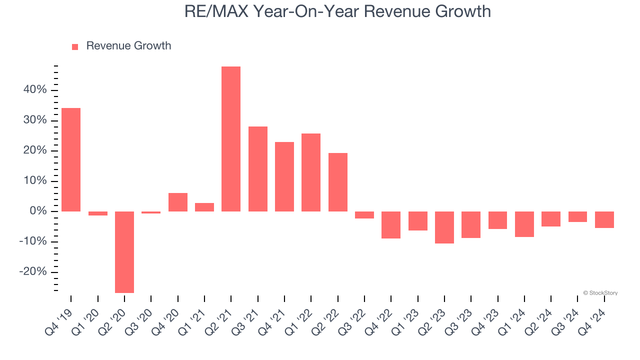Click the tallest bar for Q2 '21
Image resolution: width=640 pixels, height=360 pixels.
(x=231, y=139)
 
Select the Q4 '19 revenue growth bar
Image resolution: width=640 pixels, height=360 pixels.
(x=71, y=159)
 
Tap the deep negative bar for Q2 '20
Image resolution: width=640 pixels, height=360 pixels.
(x=124, y=252)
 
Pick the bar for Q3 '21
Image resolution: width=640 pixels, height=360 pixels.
(x=257, y=169)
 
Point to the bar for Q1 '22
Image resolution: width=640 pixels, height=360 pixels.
(x=311, y=172)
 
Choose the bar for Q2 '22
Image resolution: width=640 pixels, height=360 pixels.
(x=337, y=182)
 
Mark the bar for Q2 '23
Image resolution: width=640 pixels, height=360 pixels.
(x=444, y=227)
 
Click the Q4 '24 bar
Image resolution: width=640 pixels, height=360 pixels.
(x=604, y=219)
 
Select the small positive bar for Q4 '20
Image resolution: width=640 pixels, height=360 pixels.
(x=177, y=202)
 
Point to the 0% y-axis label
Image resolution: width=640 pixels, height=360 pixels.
(x=38, y=211)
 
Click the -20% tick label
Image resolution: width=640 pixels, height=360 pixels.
(x=33, y=272)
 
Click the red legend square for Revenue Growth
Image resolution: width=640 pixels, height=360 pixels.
(x=75, y=47)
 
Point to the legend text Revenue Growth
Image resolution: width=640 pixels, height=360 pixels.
(x=128, y=46)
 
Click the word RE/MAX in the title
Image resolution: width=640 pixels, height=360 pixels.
(x=215, y=11)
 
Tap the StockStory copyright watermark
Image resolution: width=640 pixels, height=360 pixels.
(x=600, y=293)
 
